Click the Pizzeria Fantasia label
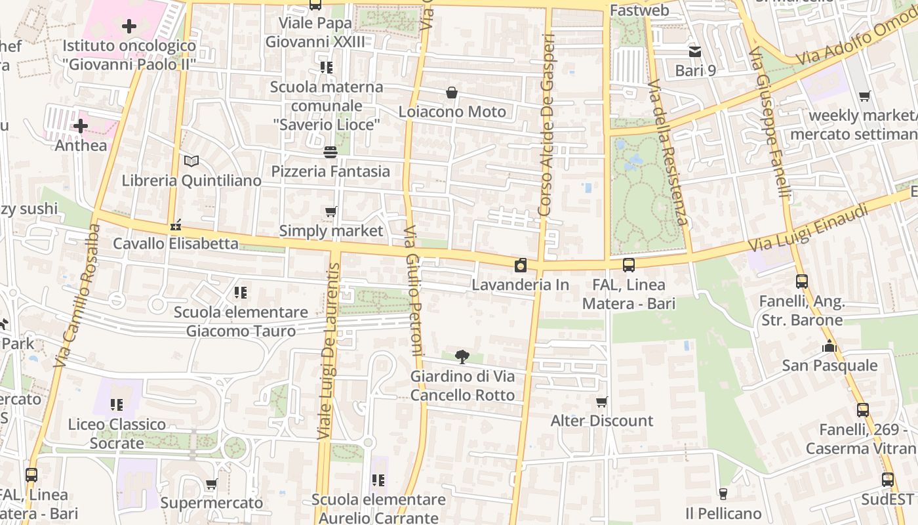330,171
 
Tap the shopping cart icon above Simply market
331,211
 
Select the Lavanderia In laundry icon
521,265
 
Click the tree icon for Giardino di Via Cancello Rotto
462,357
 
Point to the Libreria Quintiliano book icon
191,161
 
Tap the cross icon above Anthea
81,125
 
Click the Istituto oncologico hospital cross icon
129,26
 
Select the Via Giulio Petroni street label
412,291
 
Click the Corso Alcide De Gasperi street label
546,125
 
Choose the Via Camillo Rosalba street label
77,295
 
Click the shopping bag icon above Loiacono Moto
452,93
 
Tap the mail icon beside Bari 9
694,51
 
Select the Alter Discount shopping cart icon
601,402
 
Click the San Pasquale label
829,366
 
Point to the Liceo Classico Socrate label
117,433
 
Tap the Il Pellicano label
723,513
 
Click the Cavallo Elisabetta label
176,243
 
